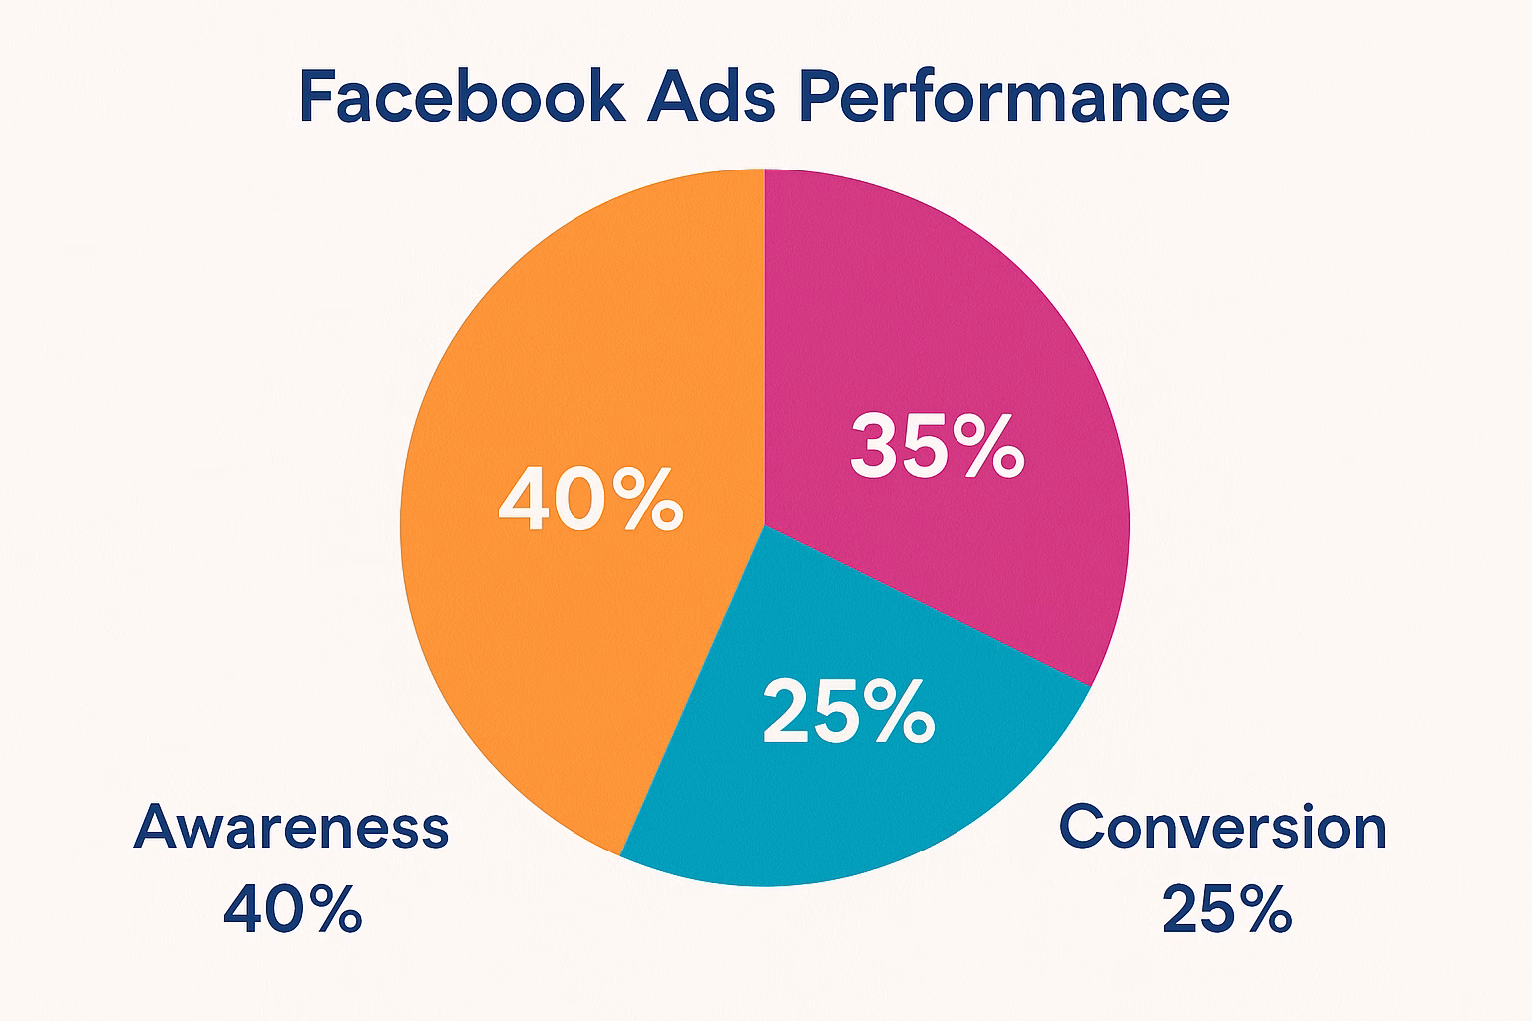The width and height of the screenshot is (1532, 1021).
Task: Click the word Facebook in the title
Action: pyautogui.click(x=463, y=95)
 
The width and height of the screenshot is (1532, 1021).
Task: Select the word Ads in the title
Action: pyautogui.click(x=711, y=95)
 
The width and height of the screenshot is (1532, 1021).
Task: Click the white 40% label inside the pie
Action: pyautogui.click(x=590, y=499)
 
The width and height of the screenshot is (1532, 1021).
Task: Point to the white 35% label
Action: pyautogui.click(x=937, y=445)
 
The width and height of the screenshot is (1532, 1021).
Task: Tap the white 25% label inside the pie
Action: pyautogui.click(x=849, y=711)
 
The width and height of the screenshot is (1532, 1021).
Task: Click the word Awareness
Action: pyautogui.click(x=291, y=827)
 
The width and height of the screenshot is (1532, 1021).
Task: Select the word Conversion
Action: pyautogui.click(x=1223, y=827)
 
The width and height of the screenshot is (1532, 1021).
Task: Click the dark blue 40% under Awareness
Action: pyautogui.click(x=292, y=909)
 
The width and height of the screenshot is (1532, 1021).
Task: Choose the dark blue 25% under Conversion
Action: pyautogui.click(x=1227, y=909)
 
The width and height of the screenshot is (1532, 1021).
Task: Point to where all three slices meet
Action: pyautogui.click(x=765, y=525)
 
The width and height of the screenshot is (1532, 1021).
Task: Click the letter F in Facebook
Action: pyautogui.click(x=319, y=95)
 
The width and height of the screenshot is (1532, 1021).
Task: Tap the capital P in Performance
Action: pyautogui.click(x=821, y=95)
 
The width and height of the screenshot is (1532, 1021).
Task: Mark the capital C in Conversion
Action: pyautogui.click(x=1082, y=827)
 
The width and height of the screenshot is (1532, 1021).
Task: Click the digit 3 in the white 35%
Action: pyautogui.click(x=873, y=445)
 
